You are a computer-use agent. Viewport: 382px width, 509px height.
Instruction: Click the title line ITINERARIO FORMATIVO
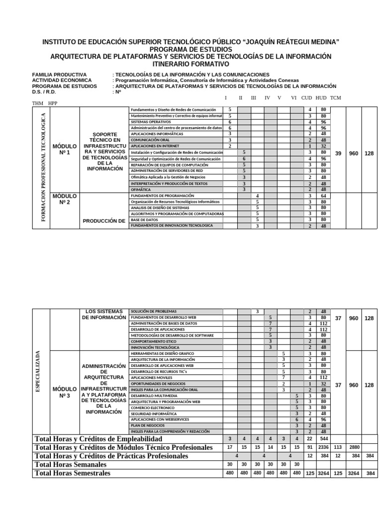[x=191, y=64]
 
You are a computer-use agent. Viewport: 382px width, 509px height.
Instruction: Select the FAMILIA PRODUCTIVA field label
[x=59, y=75]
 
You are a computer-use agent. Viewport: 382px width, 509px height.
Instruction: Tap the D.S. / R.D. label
[x=45, y=92]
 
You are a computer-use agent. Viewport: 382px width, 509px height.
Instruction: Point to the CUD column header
[x=306, y=98]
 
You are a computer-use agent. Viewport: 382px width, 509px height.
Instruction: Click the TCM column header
[x=336, y=98]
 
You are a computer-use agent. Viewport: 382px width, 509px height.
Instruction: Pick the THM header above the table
[x=38, y=103]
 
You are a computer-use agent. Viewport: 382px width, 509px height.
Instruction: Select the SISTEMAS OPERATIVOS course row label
[x=151, y=122]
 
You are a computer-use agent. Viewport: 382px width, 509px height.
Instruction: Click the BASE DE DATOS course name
[x=145, y=220]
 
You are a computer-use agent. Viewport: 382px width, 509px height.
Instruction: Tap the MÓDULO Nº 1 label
[x=65, y=150]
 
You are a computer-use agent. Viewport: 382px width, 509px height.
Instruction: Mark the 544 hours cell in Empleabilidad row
[x=324, y=439]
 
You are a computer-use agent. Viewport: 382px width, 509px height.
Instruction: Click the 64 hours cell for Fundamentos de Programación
[x=323, y=196]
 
